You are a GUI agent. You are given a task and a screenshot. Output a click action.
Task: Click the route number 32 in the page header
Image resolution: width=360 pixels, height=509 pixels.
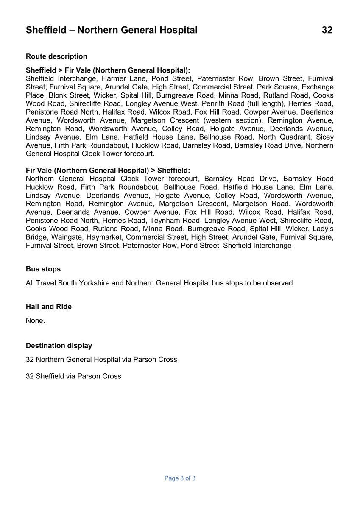point(327,30)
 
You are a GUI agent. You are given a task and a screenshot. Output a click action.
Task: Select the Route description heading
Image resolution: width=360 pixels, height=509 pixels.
point(56,56)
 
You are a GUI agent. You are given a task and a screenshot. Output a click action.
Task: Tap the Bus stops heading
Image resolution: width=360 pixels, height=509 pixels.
point(43,269)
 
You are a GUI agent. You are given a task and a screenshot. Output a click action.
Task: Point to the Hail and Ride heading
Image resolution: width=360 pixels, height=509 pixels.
point(49,307)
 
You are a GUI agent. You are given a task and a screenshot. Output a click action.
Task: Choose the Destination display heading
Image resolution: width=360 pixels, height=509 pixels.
point(59,346)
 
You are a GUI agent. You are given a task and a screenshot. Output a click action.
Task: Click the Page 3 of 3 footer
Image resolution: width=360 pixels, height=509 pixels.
point(180,478)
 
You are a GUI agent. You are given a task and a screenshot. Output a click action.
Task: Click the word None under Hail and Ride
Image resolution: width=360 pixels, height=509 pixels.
point(35,321)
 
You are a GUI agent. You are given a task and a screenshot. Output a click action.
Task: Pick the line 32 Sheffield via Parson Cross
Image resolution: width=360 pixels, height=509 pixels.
point(73,376)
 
